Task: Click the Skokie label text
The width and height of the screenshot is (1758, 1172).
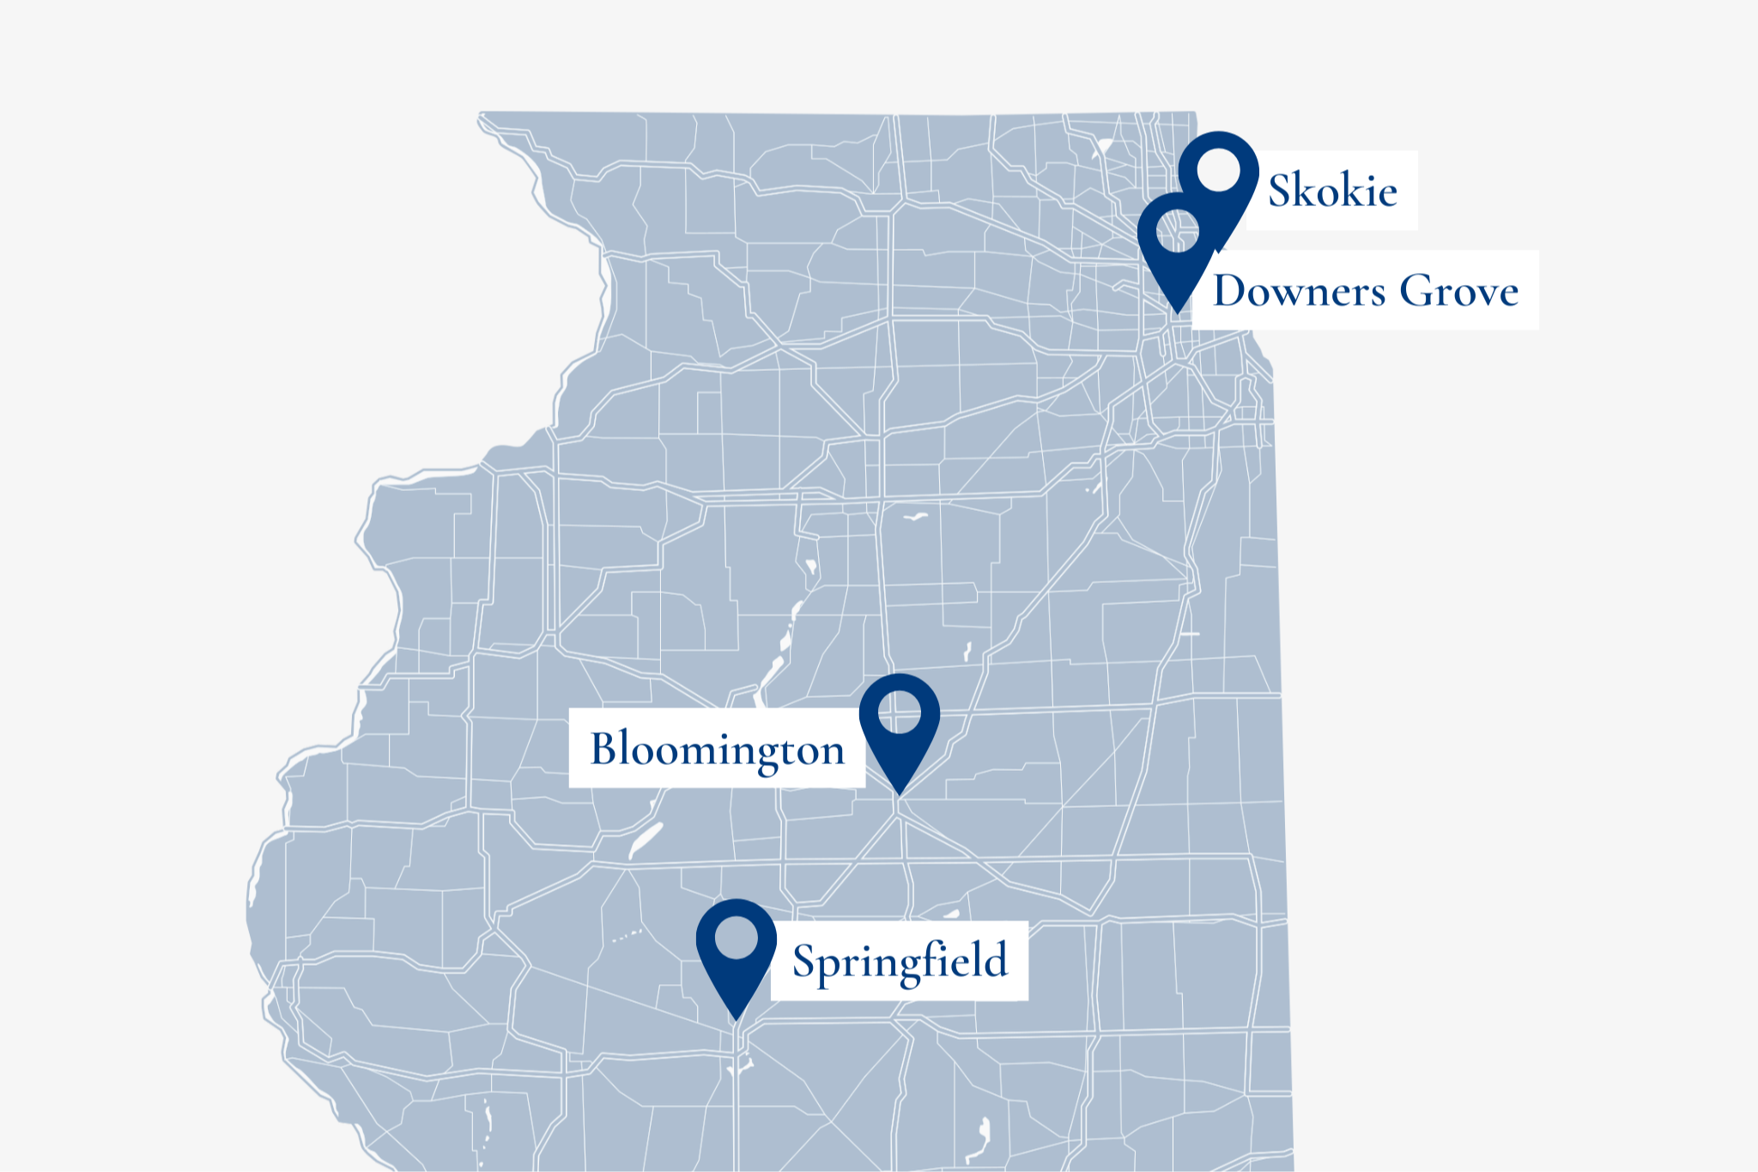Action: point(1332,191)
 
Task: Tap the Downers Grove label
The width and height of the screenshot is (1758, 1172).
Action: point(1365,290)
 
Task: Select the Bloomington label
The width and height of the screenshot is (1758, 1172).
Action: point(718,749)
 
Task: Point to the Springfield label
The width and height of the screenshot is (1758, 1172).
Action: point(900,961)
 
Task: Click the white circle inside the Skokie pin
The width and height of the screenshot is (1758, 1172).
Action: point(1219,169)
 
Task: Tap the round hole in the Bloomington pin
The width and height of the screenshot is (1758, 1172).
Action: point(900,712)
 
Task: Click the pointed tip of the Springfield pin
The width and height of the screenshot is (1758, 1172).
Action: point(737,1019)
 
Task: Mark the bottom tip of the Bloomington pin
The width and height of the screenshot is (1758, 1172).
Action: point(900,794)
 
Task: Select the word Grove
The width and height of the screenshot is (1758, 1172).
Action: point(1459,290)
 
